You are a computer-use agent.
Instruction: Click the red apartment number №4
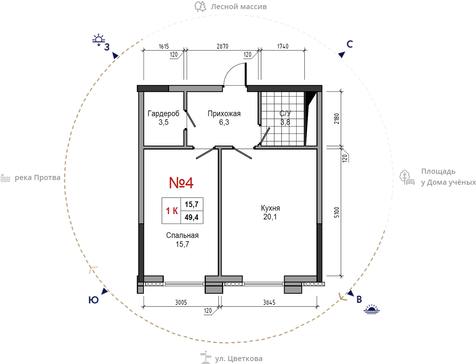point(181,183)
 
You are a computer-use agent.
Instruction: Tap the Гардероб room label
point(164,113)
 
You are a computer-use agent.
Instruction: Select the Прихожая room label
point(224,114)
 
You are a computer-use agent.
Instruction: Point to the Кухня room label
point(270,208)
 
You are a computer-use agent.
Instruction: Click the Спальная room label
point(182,236)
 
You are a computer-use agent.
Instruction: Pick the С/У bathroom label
point(285,113)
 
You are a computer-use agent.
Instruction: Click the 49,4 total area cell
point(191,217)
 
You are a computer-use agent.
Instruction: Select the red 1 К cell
point(172,211)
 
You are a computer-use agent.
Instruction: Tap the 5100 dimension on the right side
point(336,212)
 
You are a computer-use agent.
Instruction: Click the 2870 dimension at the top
point(223,46)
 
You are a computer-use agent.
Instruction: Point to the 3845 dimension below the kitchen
point(269,303)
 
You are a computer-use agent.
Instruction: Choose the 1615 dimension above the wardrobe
point(164,46)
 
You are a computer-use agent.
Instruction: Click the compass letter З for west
point(107,47)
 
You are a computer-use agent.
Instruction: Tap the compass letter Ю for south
point(93,300)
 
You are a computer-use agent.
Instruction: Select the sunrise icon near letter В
point(372,309)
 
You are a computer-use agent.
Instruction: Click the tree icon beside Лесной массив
point(200,7)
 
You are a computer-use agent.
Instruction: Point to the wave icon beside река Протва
point(5,178)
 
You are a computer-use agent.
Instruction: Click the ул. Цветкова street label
point(239,359)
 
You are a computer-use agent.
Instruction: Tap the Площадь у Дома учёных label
point(449,177)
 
